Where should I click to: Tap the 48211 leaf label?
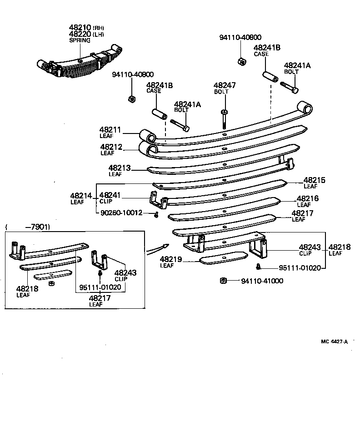(x=110, y=130)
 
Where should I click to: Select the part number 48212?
(x=111, y=147)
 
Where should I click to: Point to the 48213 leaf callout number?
(x=119, y=168)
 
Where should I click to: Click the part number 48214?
(x=81, y=196)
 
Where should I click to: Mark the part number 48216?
(x=308, y=198)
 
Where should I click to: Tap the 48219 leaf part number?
(x=171, y=260)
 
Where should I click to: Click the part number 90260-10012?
(x=121, y=213)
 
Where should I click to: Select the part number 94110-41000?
(x=261, y=281)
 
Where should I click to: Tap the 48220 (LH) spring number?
(x=80, y=34)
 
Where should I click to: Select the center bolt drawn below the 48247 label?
(x=224, y=119)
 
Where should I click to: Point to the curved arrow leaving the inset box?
(x=157, y=247)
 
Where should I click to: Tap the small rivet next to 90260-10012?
(x=155, y=214)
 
